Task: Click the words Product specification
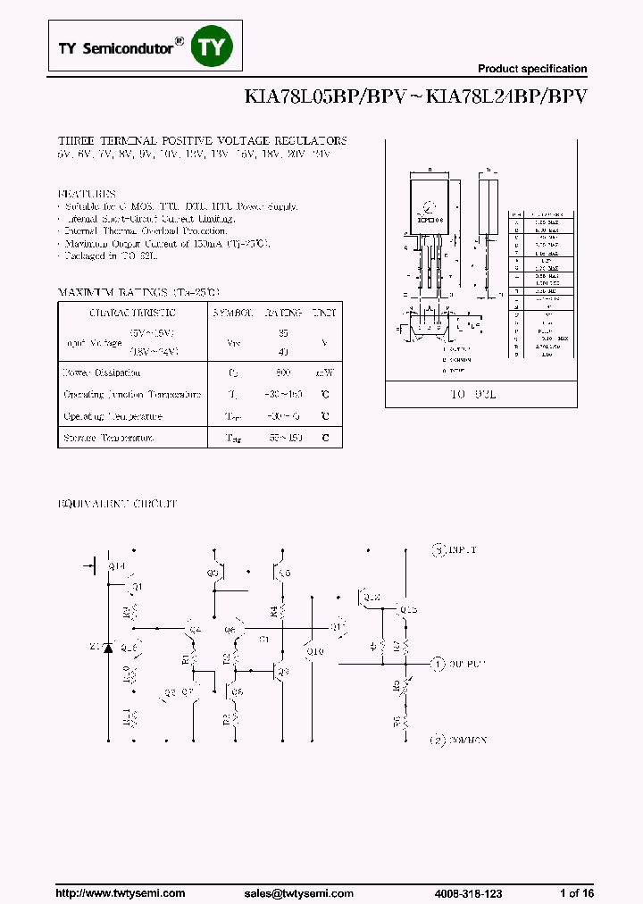pos(532,69)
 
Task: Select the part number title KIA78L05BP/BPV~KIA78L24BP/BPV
pos(415,97)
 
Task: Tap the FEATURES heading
pos(88,193)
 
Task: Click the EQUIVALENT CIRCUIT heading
pos(118,504)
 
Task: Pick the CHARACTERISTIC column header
pos(132,313)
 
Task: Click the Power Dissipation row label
pos(101,372)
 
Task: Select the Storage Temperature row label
pos(108,438)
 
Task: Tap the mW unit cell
pos(324,372)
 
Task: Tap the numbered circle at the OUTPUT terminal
pos(438,664)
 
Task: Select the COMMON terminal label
pos(463,741)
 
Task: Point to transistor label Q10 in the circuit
pos(314,651)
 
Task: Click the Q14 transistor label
pos(116,566)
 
